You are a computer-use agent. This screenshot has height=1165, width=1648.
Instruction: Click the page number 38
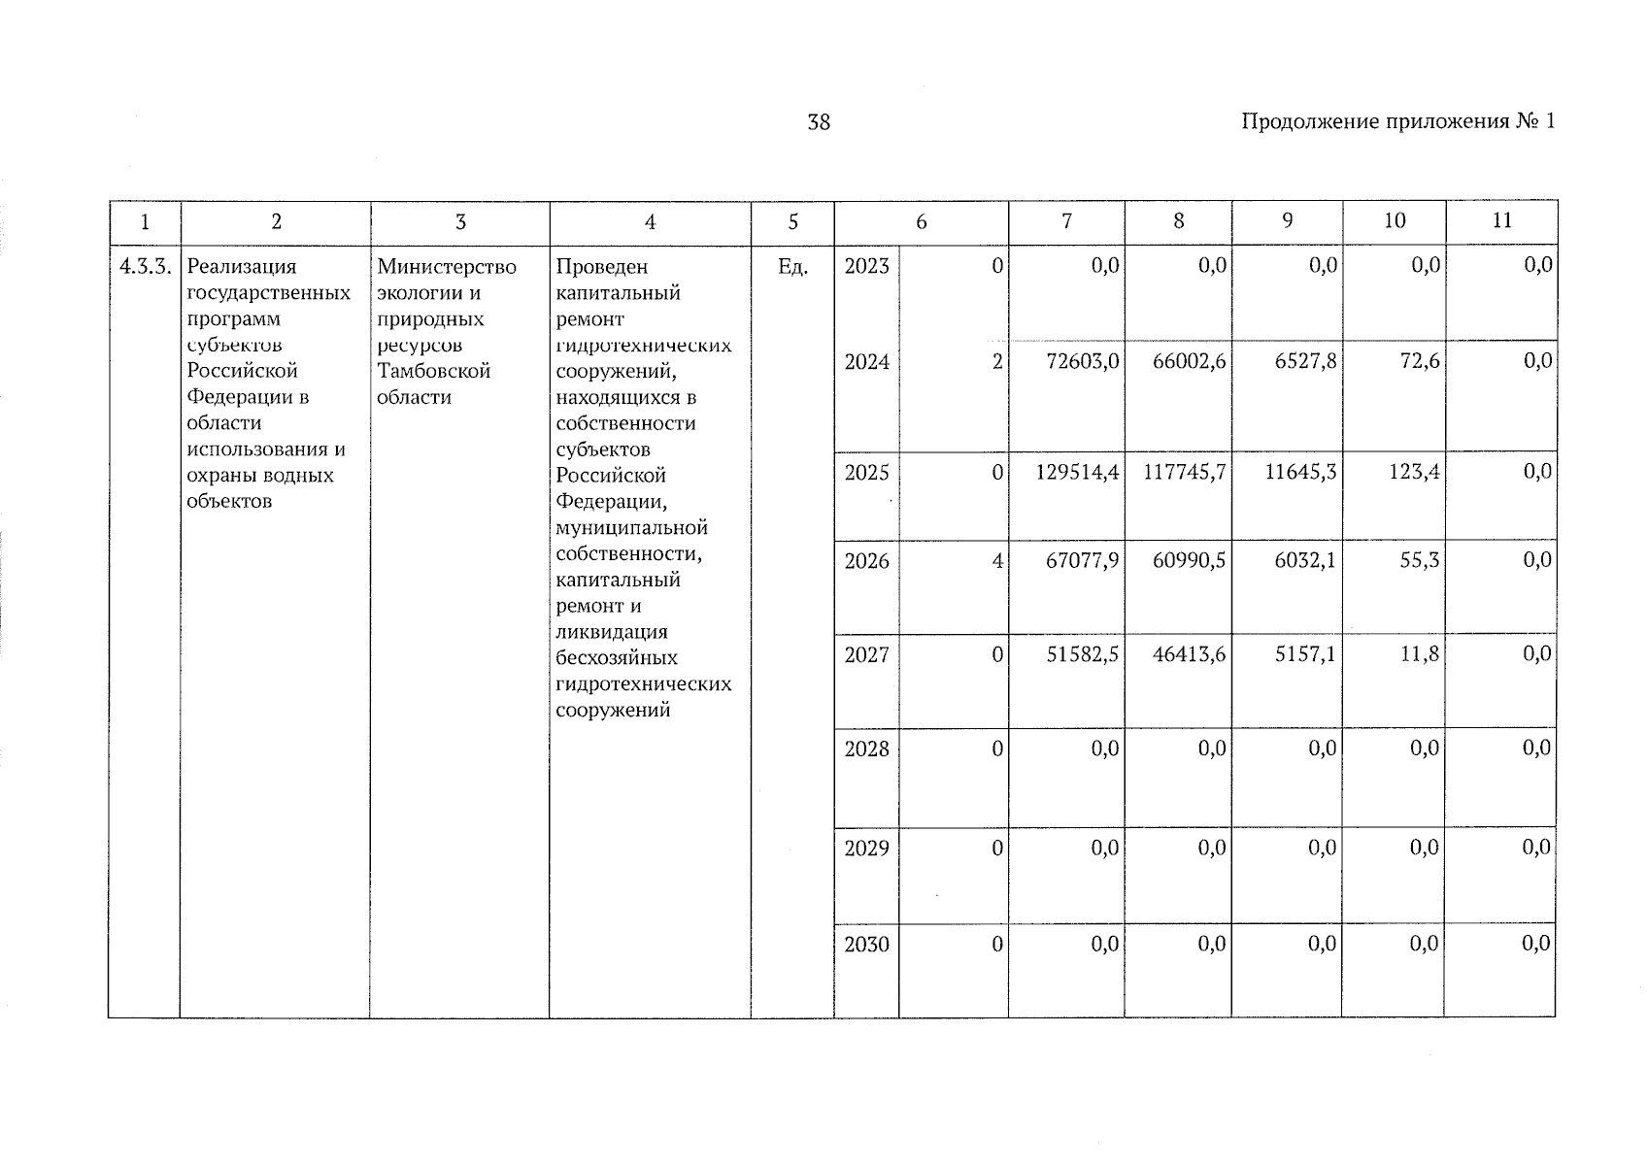point(819,122)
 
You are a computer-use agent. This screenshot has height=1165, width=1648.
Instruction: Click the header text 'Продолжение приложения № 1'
point(1397,121)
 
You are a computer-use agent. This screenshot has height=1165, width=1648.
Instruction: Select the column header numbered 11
point(1501,221)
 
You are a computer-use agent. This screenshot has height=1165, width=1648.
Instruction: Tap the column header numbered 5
point(792,222)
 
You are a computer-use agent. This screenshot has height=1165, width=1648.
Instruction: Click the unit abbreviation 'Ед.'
point(792,267)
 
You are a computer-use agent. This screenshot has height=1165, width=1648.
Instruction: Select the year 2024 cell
point(866,362)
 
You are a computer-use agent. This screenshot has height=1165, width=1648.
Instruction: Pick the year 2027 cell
point(866,655)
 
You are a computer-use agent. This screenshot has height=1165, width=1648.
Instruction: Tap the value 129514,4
point(1077,473)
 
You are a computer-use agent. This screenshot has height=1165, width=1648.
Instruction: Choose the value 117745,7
point(1185,473)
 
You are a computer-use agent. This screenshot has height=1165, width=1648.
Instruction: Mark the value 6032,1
point(1304,561)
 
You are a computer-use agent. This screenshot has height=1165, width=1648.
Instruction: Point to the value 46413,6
point(1189,655)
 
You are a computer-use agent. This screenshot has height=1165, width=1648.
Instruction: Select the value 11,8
point(1420,655)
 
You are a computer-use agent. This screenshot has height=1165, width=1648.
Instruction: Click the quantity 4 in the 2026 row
point(996,561)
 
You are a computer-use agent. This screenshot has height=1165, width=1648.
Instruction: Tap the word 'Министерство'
point(447,267)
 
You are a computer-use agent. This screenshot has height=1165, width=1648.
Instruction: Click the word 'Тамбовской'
point(433,371)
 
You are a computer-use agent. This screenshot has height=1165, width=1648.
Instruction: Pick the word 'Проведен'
point(601,267)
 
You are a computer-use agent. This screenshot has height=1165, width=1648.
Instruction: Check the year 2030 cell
point(866,945)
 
